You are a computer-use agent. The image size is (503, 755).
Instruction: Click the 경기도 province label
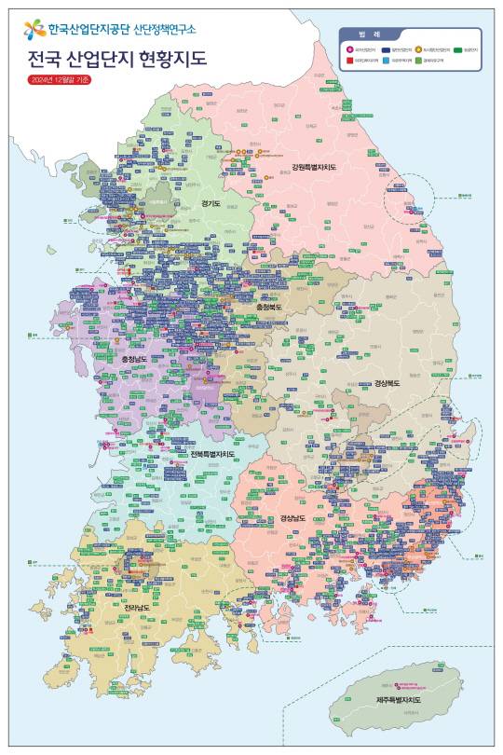(x=210, y=202)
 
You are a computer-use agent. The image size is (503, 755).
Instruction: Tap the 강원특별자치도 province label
(x=312, y=167)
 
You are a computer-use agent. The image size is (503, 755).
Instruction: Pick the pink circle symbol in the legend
(x=349, y=48)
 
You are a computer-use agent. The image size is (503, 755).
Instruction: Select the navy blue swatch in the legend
(x=385, y=48)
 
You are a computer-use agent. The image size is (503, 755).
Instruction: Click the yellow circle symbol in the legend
(x=418, y=48)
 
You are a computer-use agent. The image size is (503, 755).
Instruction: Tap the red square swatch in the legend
(x=349, y=61)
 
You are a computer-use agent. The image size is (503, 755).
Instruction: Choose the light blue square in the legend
(x=385, y=61)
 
